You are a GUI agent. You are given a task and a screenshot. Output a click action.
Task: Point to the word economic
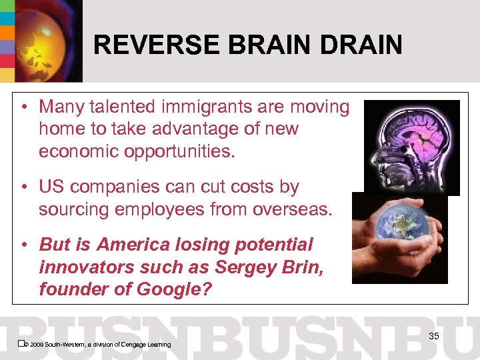click(81, 151)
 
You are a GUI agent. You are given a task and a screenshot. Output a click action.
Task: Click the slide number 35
click(433, 336)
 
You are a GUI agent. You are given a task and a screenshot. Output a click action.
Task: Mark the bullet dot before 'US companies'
click(24, 187)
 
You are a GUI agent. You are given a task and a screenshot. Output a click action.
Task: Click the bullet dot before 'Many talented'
click(24, 107)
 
